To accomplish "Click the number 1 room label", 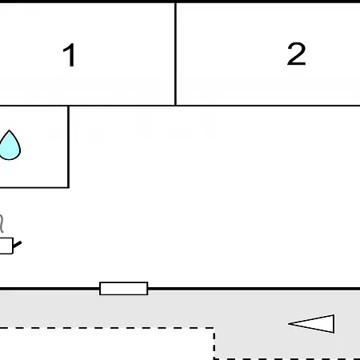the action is [x=69, y=55].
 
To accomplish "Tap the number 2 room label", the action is [x=296, y=54].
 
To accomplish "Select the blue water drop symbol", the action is [x=10, y=145].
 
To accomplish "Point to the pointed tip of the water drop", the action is [x=10, y=130].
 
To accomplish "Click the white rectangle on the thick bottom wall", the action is [x=124, y=288].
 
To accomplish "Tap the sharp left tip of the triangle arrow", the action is [x=289, y=324].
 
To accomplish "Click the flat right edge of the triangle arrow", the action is [x=334, y=324].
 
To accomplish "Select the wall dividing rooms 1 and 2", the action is [x=175, y=54].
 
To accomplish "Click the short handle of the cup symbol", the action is [x=17, y=244].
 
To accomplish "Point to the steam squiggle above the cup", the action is [x=2, y=222].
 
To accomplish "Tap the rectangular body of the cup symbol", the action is [x=6, y=246].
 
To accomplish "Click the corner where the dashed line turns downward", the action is [x=214, y=328].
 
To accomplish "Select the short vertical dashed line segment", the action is [x=214, y=343].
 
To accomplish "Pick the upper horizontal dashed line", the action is [x=107, y=328].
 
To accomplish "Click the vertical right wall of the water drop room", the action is [x=69, y=146].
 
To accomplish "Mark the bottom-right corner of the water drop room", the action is [x=69, y=187].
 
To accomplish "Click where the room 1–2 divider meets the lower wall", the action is [x=175, y=106].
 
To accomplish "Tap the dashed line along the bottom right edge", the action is [x=287, y=359].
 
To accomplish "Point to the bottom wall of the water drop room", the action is [x=34, y=187].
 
